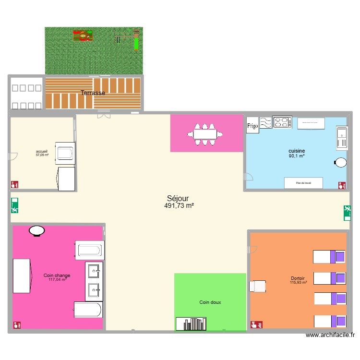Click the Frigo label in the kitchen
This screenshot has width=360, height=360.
pos(252,126)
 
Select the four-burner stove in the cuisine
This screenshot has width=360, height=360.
pos(282,122)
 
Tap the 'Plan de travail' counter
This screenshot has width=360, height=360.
pos(303,183)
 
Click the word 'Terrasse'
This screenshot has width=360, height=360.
pos(93,93)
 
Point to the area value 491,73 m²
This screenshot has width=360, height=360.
pos(179,205)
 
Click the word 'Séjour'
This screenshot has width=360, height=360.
pos(178,198)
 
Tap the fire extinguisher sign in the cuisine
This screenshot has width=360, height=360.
pos(341,184)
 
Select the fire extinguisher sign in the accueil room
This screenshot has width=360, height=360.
pos(14,184)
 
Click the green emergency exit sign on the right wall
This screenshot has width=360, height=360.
pos(347,212)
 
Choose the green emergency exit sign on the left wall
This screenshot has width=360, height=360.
pos(14,205)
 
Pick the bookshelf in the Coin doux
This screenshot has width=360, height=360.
pos(191,324)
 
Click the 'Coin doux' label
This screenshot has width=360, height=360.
pos(210,302)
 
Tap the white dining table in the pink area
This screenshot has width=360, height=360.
pos(207,134)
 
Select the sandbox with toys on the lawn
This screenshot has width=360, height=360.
pos(83,36)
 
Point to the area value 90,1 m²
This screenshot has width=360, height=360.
pos(297,156)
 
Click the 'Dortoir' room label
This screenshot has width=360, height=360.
pos(298,278)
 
